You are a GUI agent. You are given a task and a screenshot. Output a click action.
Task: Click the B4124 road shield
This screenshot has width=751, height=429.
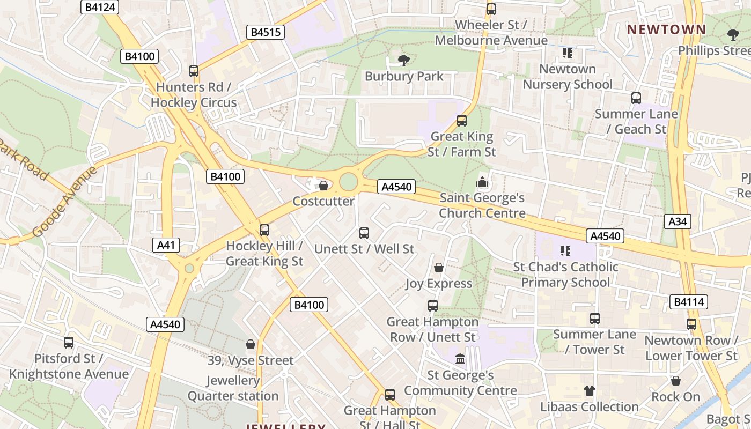coord(99,7)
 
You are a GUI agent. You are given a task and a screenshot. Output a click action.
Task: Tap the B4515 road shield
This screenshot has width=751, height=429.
coord(266,32)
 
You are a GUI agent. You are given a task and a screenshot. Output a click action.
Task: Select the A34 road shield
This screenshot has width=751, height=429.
coord(678,221)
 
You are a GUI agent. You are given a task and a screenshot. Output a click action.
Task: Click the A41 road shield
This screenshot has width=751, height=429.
coord(166,246)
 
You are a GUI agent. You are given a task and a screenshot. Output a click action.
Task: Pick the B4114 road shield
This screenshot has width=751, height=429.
coord(688,302)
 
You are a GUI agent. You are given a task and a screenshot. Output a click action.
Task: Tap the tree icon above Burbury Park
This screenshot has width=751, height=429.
coord(404,61)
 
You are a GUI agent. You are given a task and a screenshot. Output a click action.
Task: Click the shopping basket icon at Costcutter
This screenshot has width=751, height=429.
coord(323,186)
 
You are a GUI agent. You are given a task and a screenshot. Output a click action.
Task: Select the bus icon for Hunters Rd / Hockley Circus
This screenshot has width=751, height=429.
coord(194,71)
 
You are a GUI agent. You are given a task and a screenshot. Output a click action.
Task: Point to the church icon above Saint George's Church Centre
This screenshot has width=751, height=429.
coord(482,182)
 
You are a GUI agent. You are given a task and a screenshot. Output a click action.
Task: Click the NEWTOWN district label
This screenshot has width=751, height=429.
coord(667,29)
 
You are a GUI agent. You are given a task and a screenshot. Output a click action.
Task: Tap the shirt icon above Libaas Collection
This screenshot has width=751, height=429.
coord(590,391)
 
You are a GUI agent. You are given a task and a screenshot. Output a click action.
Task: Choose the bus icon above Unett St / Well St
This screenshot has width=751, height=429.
coord(364,233)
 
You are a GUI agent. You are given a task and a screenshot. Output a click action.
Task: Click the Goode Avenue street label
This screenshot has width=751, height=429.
coord(65,202)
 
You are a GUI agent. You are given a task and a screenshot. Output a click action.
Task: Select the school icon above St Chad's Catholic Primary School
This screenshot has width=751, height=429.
coord(565,251)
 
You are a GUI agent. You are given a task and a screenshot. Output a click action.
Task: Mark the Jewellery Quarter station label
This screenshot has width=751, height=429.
coord(233,388)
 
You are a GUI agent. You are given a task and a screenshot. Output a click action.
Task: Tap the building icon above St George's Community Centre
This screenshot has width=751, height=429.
coord(460,359)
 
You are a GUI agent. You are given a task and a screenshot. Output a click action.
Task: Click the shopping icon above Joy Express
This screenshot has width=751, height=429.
coord(439,268)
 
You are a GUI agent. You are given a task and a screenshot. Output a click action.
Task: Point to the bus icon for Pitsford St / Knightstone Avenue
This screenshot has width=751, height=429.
coord(69,343)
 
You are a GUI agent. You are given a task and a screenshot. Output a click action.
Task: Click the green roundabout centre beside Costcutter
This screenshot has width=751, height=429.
coord(349,182)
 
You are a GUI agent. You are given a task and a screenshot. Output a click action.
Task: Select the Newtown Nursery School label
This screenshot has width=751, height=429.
coord(568,77)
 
